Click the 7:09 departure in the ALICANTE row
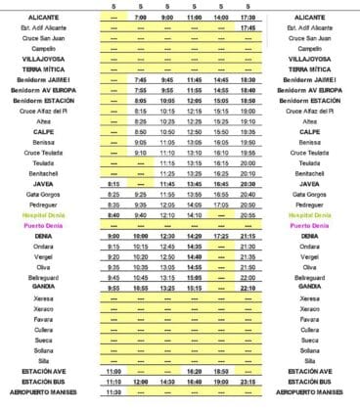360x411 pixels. tap(141, 18)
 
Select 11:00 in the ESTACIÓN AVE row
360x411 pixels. tap(113, 372)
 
